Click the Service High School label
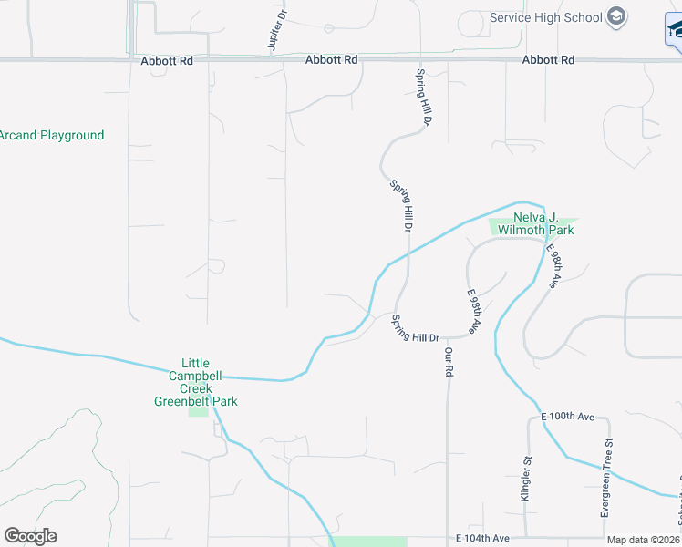(545, 17)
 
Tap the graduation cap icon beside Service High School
(617, 17)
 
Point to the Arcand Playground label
(52, 136)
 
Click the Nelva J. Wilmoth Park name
(533, 223)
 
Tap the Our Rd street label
(449, 360)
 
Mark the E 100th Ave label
(567, 417)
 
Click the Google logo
(30, 536)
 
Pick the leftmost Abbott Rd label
(168, 60)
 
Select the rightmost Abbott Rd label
(549, 60)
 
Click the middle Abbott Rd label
(332, 60)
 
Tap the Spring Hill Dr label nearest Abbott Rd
(423, 97)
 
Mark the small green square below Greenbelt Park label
(198, 410)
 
